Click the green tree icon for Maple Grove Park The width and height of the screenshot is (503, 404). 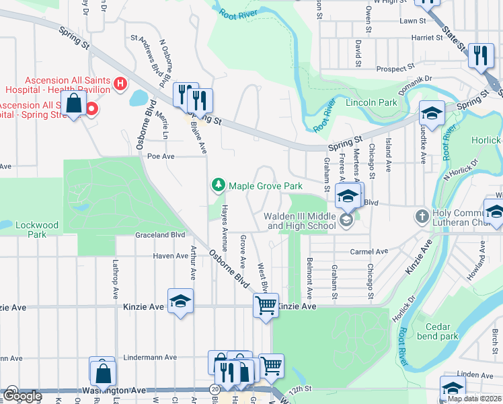(218, 184)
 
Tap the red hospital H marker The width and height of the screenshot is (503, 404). (120, 83)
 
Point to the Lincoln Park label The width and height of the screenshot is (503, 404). (371, 102)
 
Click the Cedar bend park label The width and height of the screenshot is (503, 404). (438, 331)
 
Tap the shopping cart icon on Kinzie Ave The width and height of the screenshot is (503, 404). (266, 305)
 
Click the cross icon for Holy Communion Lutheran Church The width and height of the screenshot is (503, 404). (422, 216)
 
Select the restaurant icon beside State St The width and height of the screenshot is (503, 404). (480, 55)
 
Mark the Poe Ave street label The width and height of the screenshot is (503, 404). (161, 156)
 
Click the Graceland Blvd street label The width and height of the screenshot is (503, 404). (160, 235)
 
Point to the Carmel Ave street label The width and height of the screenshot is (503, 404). (369, 252)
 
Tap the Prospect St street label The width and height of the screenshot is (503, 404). (395, 69)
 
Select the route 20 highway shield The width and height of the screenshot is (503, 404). (215, 389)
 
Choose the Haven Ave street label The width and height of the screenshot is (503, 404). (171, 256)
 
